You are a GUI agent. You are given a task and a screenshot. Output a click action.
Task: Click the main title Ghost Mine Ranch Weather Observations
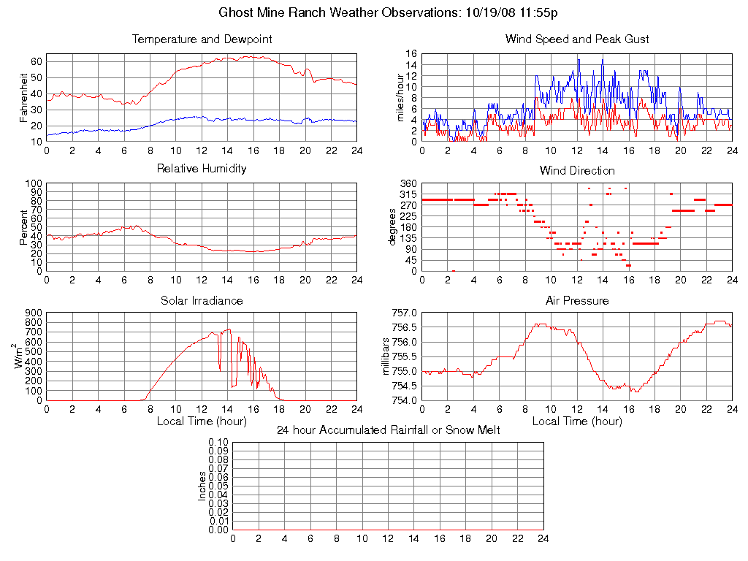click(389, 12)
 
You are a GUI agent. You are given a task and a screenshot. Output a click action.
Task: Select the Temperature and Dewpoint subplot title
click(202, 39)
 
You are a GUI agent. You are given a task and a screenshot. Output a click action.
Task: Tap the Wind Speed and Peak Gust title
click(577, 39)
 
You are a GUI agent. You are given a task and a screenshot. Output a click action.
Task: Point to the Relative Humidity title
click(202, 169)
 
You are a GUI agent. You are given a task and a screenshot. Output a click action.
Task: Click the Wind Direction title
click(577, 171)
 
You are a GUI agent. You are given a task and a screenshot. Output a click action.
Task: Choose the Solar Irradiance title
click(202, 301)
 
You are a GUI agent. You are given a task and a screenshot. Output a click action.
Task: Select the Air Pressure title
click(577, 301)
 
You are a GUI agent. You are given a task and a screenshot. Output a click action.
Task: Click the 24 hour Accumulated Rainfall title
click(389, 430)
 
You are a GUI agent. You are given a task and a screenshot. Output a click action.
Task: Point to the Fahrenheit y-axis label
click(24, 98)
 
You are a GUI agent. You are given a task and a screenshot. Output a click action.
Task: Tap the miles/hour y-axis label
click(400, 98)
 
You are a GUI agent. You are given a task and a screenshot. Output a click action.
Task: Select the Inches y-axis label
click(202, 486)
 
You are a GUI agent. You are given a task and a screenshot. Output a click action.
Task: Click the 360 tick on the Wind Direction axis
click(408, 183)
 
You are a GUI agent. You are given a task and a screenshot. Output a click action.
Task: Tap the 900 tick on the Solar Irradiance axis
click(34, 313)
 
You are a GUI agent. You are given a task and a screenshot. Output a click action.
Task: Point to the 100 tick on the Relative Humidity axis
click(34, 183)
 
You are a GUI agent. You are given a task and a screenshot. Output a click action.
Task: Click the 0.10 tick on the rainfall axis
click(218, 442)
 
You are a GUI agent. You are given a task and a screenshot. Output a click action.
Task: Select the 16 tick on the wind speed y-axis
click(411, 54)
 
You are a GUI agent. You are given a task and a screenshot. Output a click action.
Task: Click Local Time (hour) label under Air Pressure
click(577, 421)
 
